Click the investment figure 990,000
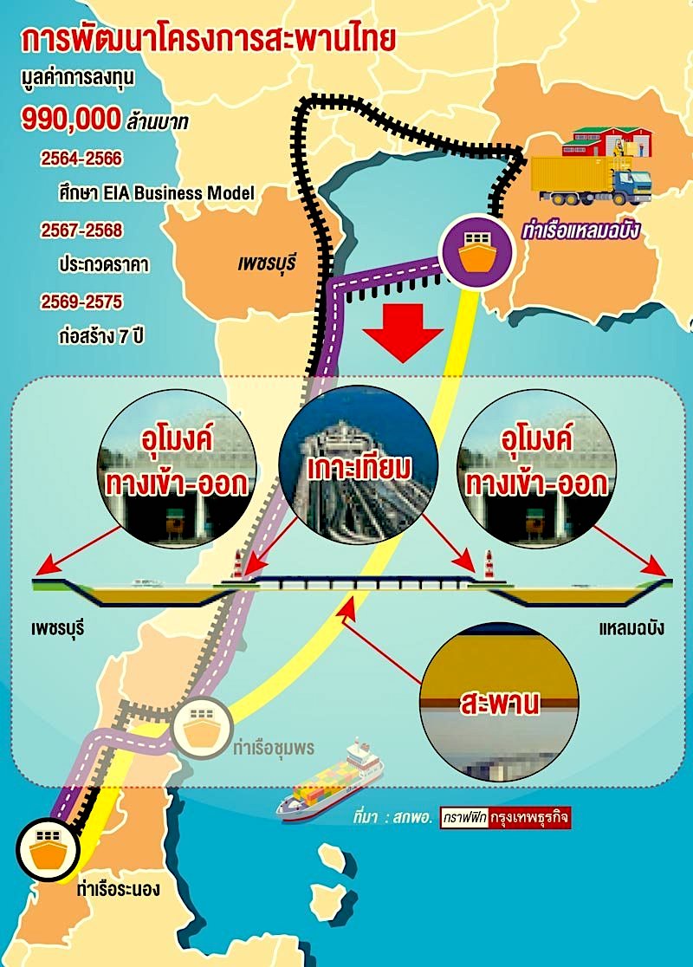click(x=72, y=118)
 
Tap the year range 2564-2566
click(x=81, y=159)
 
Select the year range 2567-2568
click(x=81, y=230)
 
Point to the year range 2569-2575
click(x=81, y=302)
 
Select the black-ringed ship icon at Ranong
click(x=49, y=849)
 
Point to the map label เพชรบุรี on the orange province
click(x=267, y=263)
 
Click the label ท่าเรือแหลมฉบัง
click(x=580, y=230)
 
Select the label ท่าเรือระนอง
click(x=119, y=889)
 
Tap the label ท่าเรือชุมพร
click(x=274, y=748)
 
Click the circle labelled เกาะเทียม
click(x=359, y=465)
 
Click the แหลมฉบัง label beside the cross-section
click(x=631, y=628)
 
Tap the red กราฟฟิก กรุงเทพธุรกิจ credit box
click(x=505, y=818)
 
